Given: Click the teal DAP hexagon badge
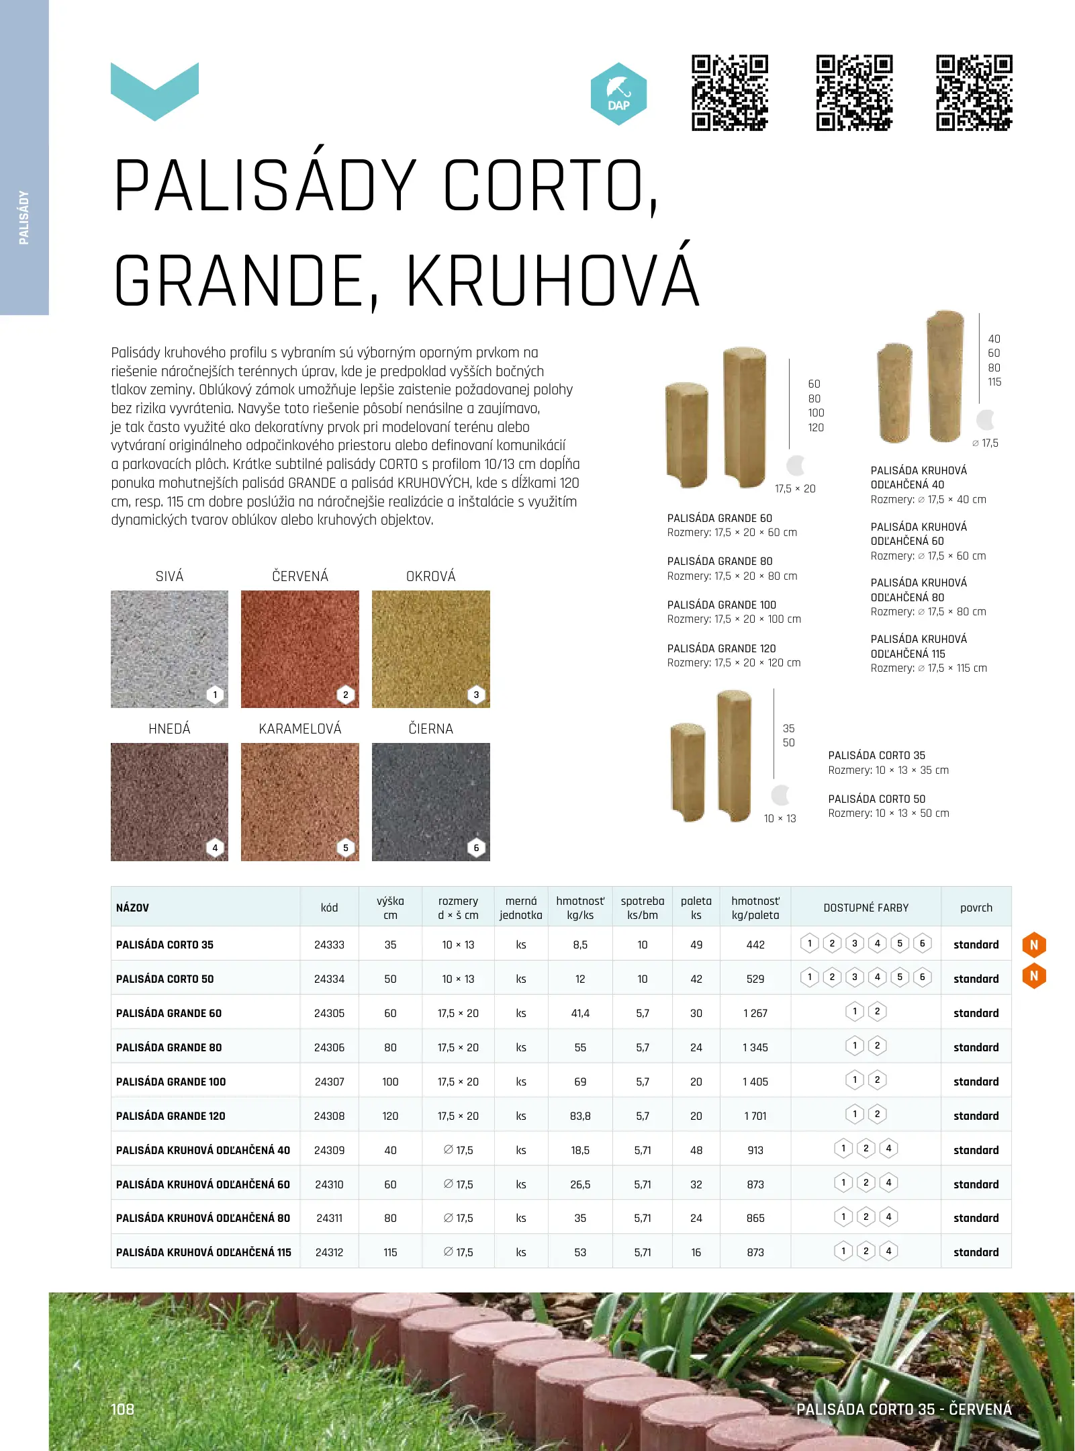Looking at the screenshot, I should (618, 94).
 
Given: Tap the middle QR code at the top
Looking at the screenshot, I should (854, 93).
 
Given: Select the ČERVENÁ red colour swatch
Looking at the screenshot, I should (299, 649).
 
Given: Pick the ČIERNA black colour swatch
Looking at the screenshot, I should (430, 801).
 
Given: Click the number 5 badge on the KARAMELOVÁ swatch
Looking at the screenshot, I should (346, 848).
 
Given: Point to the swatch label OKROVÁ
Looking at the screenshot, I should (430, 576).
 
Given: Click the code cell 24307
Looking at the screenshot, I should (329, 1082).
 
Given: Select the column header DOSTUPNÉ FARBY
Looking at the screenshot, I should (866, 908).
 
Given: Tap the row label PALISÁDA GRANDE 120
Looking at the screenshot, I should (171, 1116).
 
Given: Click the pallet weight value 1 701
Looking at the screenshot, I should (755, 1116).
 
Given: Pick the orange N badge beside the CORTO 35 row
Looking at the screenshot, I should (1034, 944).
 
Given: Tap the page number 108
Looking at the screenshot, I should (123, 1409).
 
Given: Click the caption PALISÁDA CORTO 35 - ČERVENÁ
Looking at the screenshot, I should (904, 1409).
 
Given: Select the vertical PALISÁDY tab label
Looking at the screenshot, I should (24, 218).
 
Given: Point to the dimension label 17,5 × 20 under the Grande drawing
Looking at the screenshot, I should (795, 489).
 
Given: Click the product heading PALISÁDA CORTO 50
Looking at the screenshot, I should (876, 799).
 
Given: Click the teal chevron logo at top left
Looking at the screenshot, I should (154, 91).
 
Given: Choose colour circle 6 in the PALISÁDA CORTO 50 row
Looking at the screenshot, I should (922, 977).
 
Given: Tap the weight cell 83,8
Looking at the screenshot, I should (580, 1116).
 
